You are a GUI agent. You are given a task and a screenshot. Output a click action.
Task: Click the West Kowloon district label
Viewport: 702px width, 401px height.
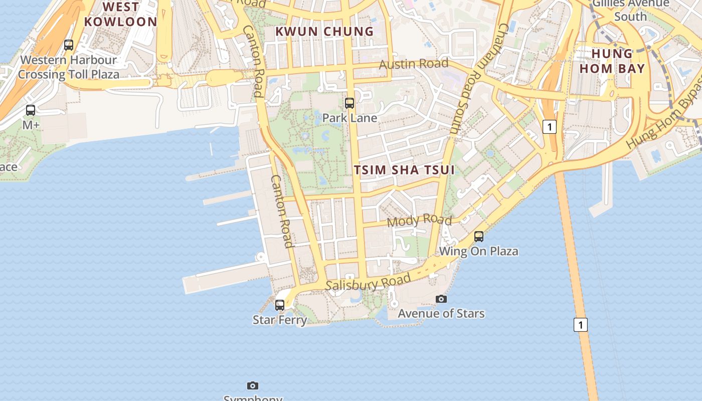pyautogui.click(x=121, y=14)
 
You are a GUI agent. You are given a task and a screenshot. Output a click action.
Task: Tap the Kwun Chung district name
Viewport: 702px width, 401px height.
pyautogui.click(x=324, y=31)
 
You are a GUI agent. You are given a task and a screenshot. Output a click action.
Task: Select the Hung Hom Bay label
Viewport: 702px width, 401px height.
pyautogui.click(x=612, y=61)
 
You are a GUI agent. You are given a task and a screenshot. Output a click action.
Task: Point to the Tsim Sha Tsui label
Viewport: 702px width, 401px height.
pyautogui.click(x=404, y=169)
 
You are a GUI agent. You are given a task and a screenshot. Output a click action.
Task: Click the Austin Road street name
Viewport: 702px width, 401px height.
pyautogui.click(x=413, y=64)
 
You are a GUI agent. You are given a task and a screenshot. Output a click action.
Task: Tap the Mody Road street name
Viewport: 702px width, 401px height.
pyautogui.click(x=419, y=220)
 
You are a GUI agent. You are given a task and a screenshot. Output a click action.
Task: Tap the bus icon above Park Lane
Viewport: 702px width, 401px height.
pyautogui.click(x=349, y=103)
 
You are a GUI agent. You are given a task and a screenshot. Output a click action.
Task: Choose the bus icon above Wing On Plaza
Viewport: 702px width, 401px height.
pyautogui.click(x=479, y=236)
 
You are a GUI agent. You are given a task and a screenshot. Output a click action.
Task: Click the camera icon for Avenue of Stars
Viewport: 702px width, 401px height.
pyautogui.click(x=441, y=299)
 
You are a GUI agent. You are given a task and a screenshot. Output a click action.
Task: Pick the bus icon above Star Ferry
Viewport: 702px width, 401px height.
pyautogui.click(x=280, y=305)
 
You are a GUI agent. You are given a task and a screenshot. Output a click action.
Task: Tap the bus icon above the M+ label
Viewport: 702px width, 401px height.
pyautogui.click(x=31, y=110)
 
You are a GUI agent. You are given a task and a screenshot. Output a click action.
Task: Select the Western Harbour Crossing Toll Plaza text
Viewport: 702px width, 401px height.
pyautogui.click(x=69, y=67)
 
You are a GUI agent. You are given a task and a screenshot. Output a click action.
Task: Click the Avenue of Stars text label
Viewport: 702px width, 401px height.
pyautogui.click(x=441, y=314)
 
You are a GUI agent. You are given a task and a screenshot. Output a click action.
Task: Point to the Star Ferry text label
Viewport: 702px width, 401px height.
pyautogui.click(x=280, y=320)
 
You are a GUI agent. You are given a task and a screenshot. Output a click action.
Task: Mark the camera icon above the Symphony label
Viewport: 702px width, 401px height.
pyautogui.click(x=253, y=385)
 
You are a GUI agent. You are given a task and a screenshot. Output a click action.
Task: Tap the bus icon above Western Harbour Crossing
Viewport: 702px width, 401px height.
pyautogui.click(x=69, y=45)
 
